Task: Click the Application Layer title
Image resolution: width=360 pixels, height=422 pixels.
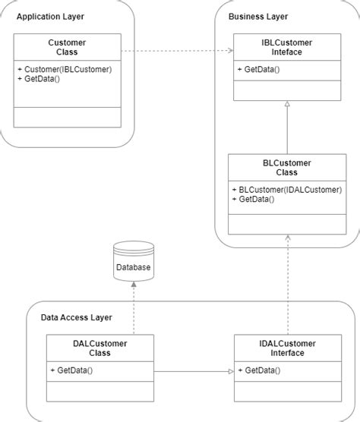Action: coord(50,17)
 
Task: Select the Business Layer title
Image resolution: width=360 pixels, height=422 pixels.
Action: coord(258,17)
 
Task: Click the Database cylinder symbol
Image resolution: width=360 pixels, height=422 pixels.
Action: coord(133,262)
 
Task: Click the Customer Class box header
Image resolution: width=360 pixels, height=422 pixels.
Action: coord(67,47)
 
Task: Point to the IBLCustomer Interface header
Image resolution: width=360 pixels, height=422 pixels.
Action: coord(286,47)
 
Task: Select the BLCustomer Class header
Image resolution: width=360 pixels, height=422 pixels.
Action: coord(286,168)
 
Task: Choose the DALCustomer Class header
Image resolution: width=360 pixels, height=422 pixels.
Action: coord(99,348)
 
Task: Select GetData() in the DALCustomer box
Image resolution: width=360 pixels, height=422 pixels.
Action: coord(71,370)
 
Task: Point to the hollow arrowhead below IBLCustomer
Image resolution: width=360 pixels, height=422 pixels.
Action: coord(287,106)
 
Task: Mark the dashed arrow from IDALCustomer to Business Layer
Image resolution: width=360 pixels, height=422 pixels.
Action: coord(287,288)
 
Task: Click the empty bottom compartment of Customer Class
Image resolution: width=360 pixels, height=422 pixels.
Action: coord(67,117)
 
